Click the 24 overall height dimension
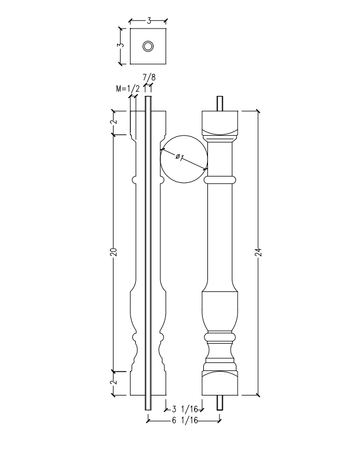click(x=259, y=252)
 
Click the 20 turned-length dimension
click(x=114, y=252)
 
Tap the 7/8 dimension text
click(x=149, y=77)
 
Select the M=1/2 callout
click(x=128, y=89)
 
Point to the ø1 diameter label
click(x=179, y=157)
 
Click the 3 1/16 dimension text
click(x=185, y=409)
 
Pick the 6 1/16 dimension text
click(x=185, y=421)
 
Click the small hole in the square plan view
click(x=148, y=46)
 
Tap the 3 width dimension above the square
click(x=149, y=21)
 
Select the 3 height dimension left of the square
click(x=121, y=45)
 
